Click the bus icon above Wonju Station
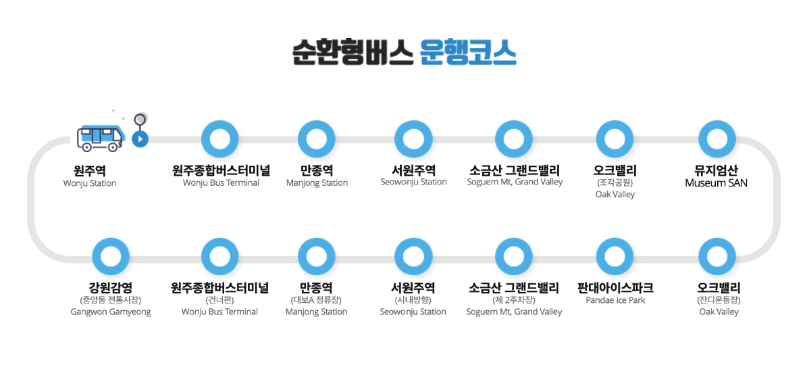101,137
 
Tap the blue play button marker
140,139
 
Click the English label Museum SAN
716,183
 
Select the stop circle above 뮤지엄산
716,139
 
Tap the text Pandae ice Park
615,300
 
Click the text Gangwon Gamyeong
111,312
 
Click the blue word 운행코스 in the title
467,51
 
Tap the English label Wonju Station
90,183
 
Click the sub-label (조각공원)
615,182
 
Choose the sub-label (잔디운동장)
719,300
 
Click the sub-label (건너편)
219,300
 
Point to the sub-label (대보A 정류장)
316,300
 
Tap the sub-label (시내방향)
413,300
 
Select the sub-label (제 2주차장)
514,300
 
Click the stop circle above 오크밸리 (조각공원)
615,139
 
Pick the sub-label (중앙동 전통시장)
110,300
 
